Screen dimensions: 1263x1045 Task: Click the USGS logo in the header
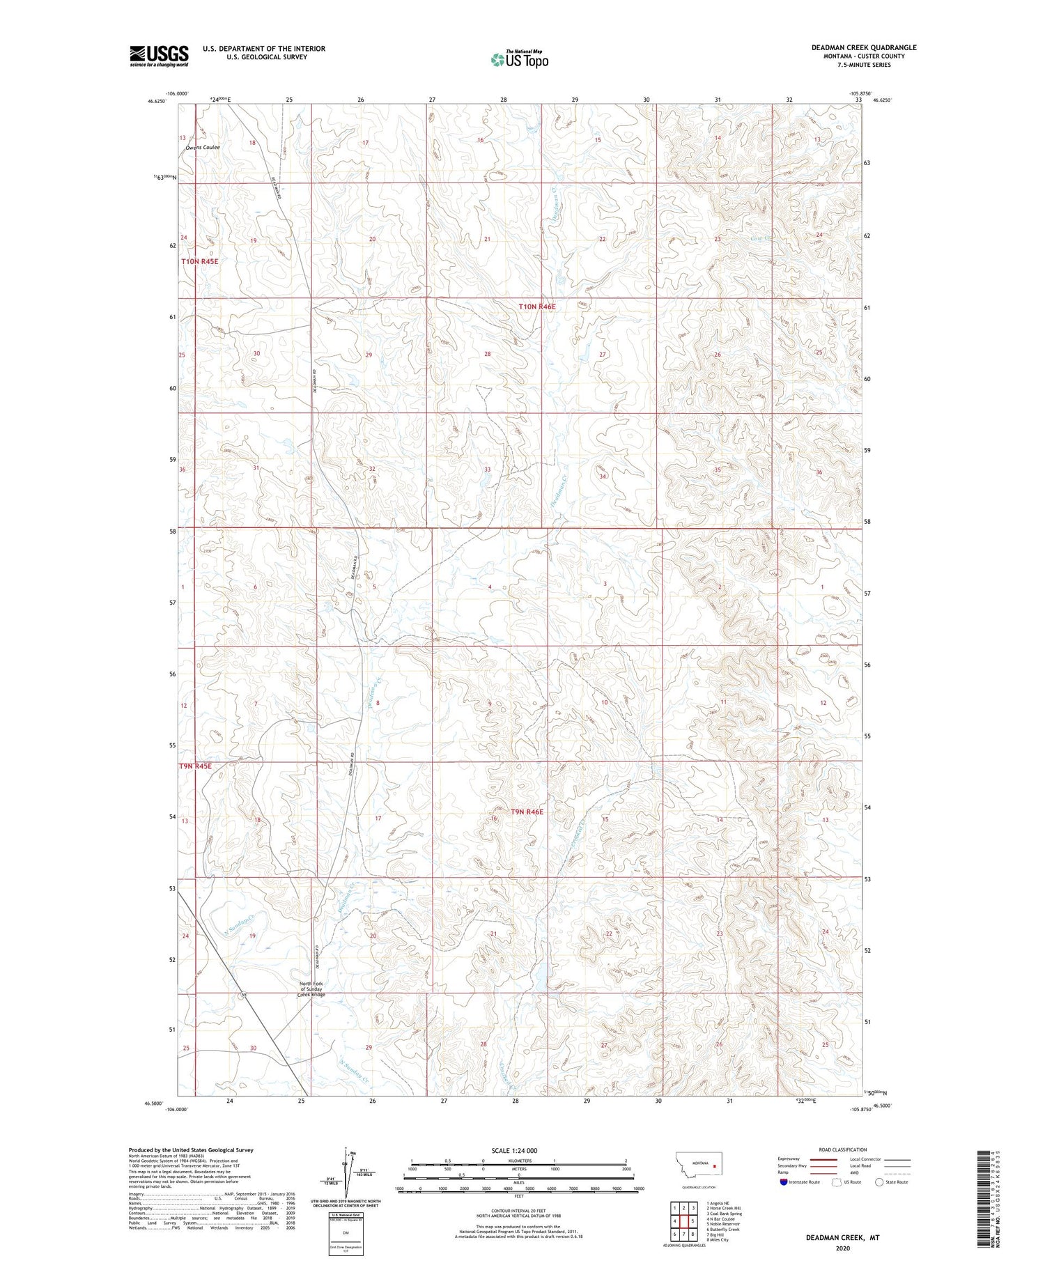(x=159, y=55)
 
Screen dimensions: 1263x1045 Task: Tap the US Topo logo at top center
(x=519, y=59)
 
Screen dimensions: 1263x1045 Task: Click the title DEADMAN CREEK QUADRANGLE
(x=863, y=47)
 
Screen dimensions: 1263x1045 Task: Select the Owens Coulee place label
(x=203, y=148)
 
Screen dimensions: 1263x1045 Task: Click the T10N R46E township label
(x=536, y=307)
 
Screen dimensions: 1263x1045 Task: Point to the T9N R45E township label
(x=195, y=766)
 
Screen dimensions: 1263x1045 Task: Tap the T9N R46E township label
(x=526, y=812)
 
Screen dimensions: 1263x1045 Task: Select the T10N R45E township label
(x=200, y=261)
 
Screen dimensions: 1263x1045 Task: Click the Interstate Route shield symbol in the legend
(x=784, y=1182)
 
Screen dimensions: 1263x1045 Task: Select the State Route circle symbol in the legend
(x=879, y=1181)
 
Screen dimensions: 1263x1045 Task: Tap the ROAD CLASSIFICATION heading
(x=843, y=1149)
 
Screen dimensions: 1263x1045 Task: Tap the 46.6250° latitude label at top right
(x=882, y=100)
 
